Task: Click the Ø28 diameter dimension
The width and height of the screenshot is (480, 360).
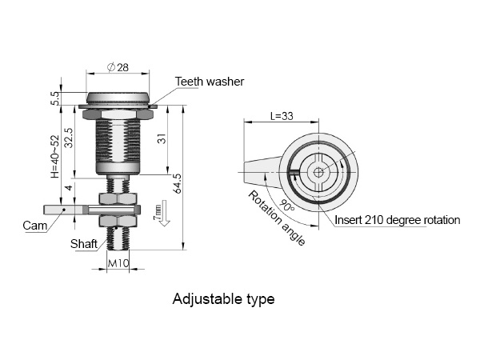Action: click(118, 67)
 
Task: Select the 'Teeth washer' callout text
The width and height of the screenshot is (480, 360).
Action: click(210, 82)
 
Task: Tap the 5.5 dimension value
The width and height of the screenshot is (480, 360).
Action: click(55, 98)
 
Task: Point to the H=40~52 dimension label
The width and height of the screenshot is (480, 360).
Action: click(54, 157)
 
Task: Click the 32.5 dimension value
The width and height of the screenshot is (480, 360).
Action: click(69, 138)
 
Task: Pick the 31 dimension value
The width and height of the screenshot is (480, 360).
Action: click(162, 138)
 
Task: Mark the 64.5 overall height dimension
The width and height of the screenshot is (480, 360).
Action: click(177, 184)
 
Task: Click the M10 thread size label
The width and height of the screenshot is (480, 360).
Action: click(118, 263)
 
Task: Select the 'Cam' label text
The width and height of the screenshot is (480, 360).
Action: click(35, 226)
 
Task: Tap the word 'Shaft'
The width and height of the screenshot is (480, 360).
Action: click(83, 244)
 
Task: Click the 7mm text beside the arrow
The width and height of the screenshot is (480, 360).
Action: click(157, 212)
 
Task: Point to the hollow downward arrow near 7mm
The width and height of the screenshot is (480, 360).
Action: click(165, 214)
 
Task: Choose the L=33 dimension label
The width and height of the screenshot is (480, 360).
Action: click(282, 116)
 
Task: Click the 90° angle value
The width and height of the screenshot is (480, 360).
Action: click(287, 206)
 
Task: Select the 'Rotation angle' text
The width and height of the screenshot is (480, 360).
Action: click(277, 218)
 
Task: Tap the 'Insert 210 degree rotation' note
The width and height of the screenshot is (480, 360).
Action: click(398, 220)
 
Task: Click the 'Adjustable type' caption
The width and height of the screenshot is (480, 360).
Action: click(223, 298)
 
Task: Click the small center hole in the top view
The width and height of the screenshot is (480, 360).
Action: click(318, 172)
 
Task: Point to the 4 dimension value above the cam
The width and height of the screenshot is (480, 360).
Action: click(69, 187)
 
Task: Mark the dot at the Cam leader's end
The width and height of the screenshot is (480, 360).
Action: click(64, 210)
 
